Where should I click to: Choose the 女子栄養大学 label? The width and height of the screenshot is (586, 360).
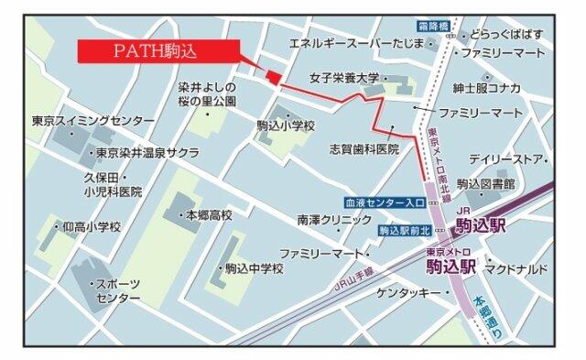pos(344,80)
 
